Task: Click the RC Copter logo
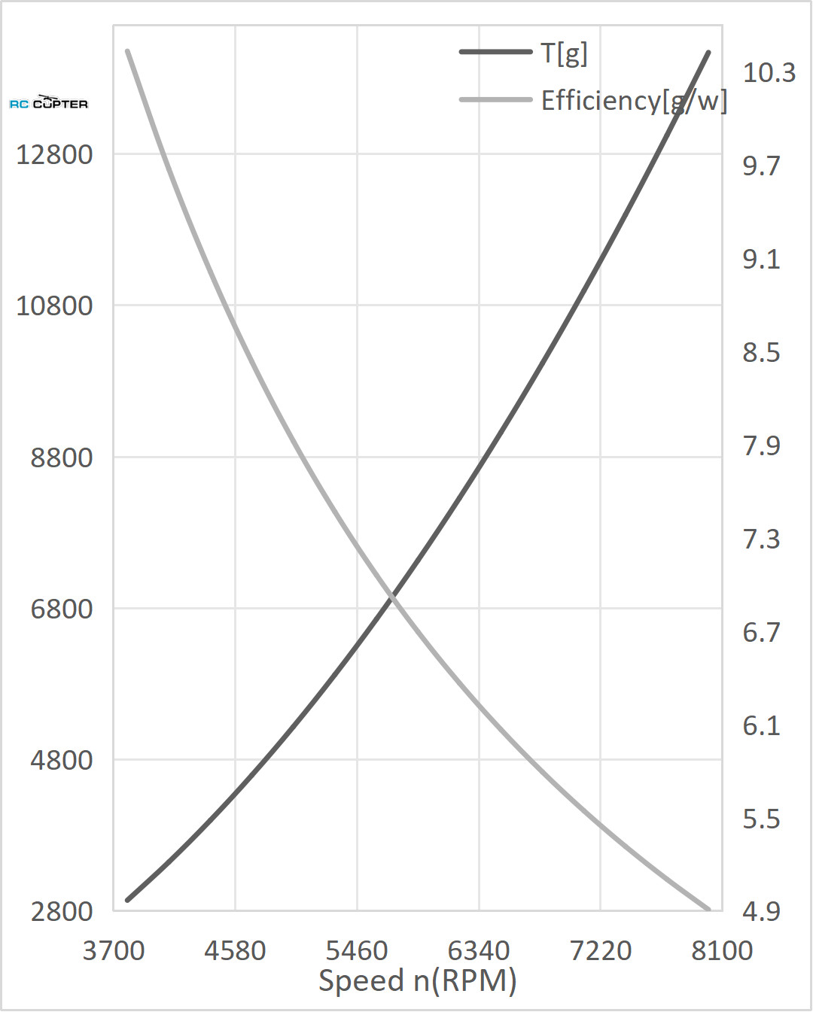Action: (x=49, y=103)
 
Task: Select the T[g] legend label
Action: (x=564, y=53)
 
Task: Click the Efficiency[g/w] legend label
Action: (x=634, y=101)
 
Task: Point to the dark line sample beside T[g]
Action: (x=495, y=52)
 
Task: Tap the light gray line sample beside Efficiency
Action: (x=495, y=99)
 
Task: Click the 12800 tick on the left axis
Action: (x=54, y=155)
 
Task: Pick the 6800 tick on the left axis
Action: (x=62, y=609)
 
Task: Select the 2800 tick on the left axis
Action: (x=62, y=912)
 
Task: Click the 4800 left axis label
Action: (x=62, y=761)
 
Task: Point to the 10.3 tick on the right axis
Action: (x=769, y=73)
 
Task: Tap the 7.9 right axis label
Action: (x=761, y=446)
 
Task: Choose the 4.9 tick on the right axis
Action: (x=761, y=912)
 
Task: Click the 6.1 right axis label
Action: (x=761, y=726)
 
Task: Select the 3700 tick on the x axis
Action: (x=114, y=951)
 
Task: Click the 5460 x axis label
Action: (x=357, y=951)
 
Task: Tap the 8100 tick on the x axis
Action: (x=722, y=951)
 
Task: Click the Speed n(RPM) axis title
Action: (x=418, y=981)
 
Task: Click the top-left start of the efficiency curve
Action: (x=128, y=51)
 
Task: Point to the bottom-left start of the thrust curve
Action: (x=128, y=899)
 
